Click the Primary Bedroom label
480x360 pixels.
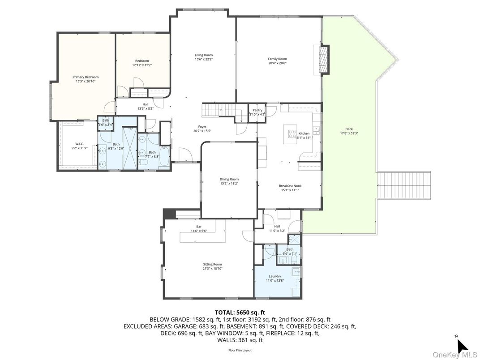(x=86, y=77)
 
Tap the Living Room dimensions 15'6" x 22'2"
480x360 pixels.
(x=203, y=59)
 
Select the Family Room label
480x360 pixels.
(x=277, y=59)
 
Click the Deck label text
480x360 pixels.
(x=349, y=129)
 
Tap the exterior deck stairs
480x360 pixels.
(x=403, y=185)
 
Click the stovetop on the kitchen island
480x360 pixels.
(x=292, y=133)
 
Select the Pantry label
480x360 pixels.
(x=257, y=110)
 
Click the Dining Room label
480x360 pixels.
(x=229, y=179)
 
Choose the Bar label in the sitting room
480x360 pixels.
(x=198, y=227)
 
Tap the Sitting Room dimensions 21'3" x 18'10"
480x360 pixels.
(x=212, y=269)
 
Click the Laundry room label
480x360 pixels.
(x=275, y=276)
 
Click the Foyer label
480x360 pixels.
(x=202, y=127)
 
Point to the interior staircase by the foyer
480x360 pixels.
(x=213, y=109)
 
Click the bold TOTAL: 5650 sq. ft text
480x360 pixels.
(x=240, y=312)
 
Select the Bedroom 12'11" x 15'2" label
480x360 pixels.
(x=142, y=61)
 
